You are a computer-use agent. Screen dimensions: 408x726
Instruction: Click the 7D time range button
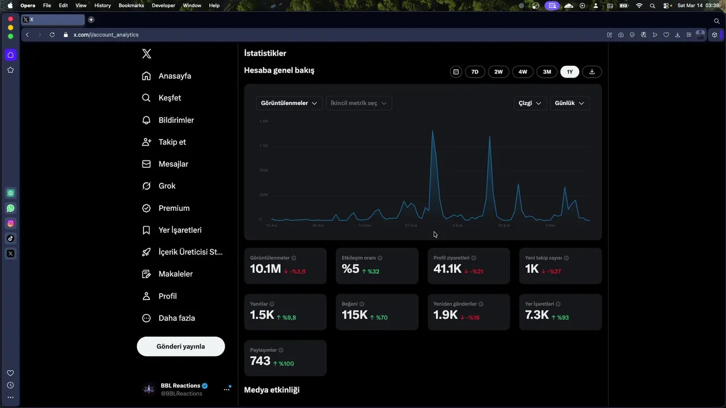click(x=475, y=72)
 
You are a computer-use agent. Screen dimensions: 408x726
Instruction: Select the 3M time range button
click(x=547, y=72)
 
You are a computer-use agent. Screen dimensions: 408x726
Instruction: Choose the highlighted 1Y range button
click(x=569, y=72)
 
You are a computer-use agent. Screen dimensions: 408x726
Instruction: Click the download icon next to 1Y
click(x=592, y=72)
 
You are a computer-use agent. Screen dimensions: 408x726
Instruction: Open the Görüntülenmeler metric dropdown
click(x=289, y=103)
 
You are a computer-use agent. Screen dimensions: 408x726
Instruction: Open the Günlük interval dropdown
click(x=569, y=103)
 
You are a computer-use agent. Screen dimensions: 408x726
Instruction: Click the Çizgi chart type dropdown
click(x=530, y=103)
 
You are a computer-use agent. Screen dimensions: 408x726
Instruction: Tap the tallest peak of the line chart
click(x=433, y=132)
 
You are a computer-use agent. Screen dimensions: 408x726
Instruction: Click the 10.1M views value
click(x=265, y=269)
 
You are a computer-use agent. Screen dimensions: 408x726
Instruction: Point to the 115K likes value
click(x=354, y=315)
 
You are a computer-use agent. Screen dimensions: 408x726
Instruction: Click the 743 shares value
click(x=260, y=361)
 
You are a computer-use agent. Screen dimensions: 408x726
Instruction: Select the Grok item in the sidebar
click(x=167, y=186)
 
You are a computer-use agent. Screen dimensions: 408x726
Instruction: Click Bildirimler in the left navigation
click(x=176, y=120)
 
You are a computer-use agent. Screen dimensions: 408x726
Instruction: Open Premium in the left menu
click(x=174, y=208)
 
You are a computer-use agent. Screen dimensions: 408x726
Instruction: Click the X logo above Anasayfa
click(x=146, y=54)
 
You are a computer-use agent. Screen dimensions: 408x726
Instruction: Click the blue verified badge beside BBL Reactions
click(x=205, y=386)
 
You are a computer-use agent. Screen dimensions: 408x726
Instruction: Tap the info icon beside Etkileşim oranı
click(x=379, y=258)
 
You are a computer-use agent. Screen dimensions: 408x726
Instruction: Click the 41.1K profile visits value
click(x=448, y=269)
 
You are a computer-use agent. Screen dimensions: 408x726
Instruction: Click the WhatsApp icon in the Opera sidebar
click(x=10, y=208)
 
